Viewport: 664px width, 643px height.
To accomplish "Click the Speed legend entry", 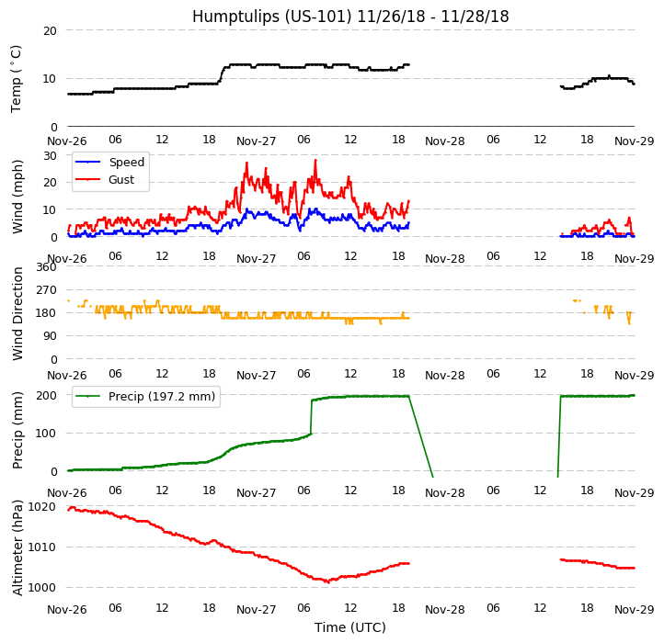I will pyautogui.click(x=126, y=163).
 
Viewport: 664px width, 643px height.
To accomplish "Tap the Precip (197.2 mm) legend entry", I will pyautogui.click(x=161, y=397).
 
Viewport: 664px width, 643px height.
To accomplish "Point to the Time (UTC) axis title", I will pyautogui.click(x=349, y=627).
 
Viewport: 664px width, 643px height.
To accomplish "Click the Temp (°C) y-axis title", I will pyautogui.click(x=17, y=78).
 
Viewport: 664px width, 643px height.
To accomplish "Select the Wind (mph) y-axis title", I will pyautogui.click(x=18, y=196).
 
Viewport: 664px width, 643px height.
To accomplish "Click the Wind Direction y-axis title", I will pyautogui.click(x=18, y=313).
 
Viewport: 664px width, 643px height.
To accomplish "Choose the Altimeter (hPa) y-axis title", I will pyautogui.click(x=18, y=547).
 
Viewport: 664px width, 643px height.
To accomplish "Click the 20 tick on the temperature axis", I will pyautogui.click(x=50, y=30).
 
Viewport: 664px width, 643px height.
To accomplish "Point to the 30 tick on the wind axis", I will pyautogui.click(x=50, y=155).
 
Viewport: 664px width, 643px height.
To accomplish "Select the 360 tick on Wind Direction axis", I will pyautogui.click(x=46, y=267).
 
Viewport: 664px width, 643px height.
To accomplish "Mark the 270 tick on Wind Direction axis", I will pyautogui.click(x=46, y=290).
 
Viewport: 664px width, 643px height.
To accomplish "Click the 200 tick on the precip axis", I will pyautogui.click(x=46, y=396).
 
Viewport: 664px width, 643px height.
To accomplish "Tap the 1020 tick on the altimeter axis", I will pyautogui.click(x=42, y=506).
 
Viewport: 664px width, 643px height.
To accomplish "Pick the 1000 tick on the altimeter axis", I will pyautogui.click(x=42, y=587).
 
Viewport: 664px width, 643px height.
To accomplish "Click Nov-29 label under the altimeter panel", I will pyautogui.click(x=634, y=610).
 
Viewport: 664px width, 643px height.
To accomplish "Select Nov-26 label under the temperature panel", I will pyautogui.click(x=67, y=141).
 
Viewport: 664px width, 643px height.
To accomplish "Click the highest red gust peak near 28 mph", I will pyautogui.click(x=315, y=161).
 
